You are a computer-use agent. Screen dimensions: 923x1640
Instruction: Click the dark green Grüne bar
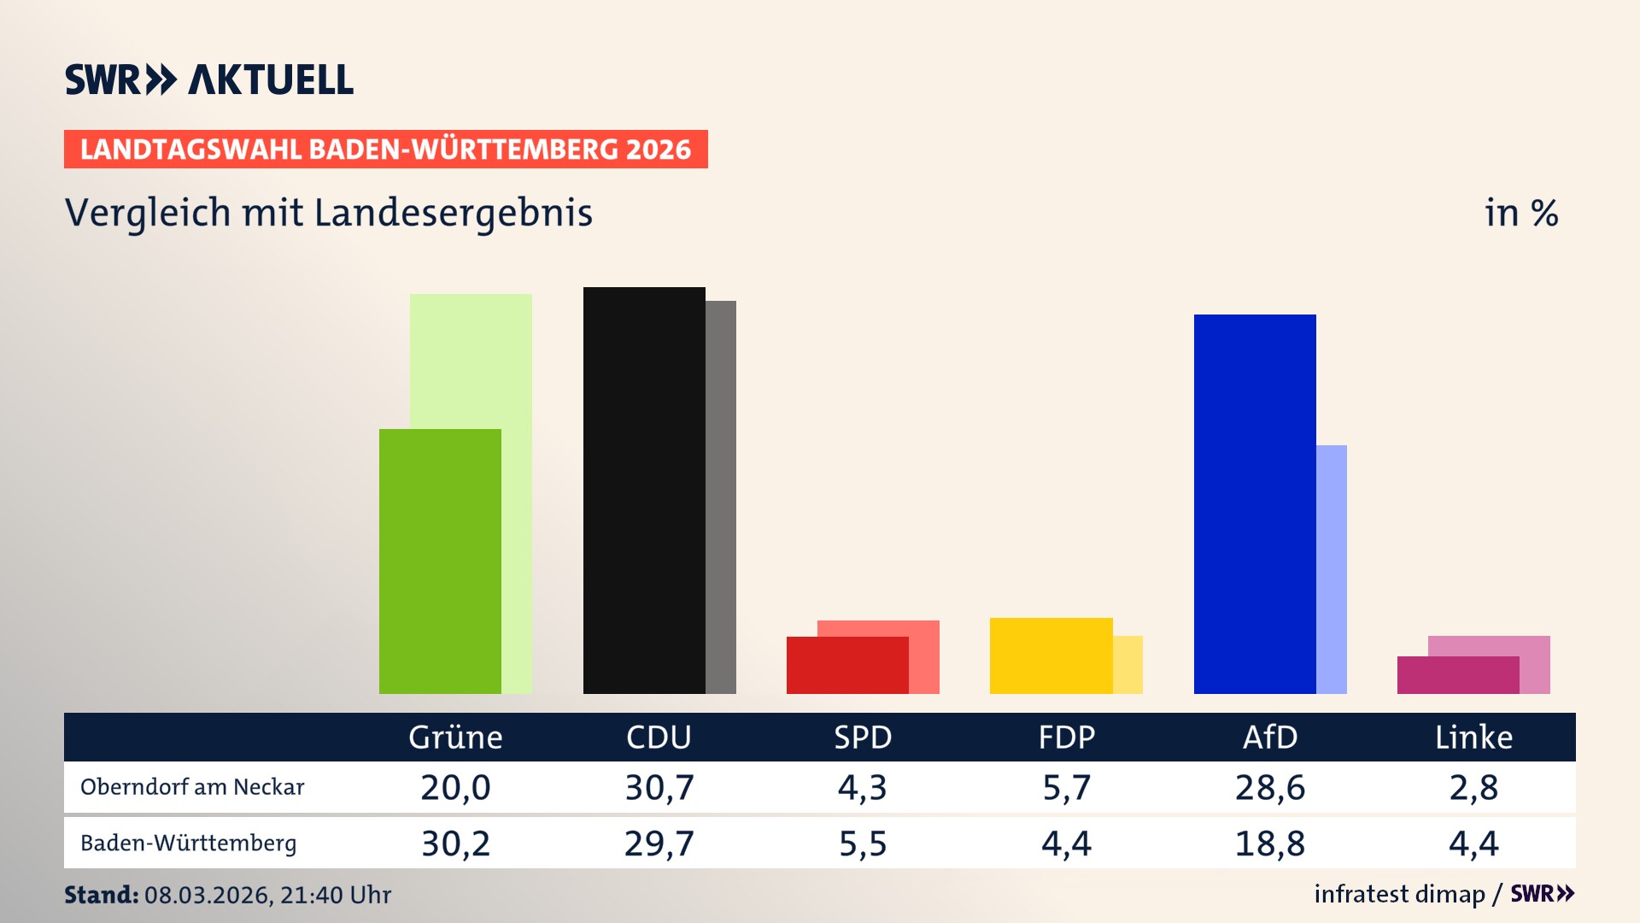440,561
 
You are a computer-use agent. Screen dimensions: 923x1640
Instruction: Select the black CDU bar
644,490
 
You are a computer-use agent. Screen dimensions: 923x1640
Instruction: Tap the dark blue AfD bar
1255,503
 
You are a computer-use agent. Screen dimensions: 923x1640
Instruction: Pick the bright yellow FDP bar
1051,656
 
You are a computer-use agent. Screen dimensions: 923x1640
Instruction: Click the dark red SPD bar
847,665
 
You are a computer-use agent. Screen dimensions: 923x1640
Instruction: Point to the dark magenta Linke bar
1458,674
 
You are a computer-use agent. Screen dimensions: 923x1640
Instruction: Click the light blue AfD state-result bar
1332,569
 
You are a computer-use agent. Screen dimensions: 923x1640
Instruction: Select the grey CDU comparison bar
721,497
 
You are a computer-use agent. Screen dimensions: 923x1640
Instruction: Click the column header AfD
1270,737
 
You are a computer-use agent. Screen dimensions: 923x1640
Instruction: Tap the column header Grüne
455,737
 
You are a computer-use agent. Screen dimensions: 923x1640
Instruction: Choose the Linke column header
1473,737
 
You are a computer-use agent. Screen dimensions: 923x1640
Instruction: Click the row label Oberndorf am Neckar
192,787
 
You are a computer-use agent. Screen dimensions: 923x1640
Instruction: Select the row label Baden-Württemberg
189,844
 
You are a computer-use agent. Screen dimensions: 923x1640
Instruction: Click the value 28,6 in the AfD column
1270,787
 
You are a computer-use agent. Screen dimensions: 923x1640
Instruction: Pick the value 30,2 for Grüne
455,844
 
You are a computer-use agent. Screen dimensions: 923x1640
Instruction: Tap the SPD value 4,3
863,787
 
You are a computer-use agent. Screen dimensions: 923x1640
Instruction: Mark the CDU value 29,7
659,844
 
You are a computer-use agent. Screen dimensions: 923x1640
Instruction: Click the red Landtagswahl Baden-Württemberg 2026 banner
385,149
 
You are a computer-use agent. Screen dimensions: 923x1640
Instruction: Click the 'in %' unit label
1520,213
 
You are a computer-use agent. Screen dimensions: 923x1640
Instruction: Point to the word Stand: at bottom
101,895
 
